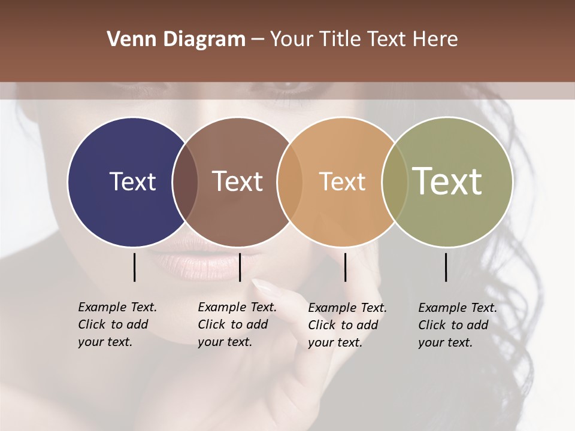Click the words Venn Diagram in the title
point(175,40)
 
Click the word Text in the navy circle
point(132,181)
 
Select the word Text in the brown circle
point(238,181)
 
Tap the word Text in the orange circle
point(342,182)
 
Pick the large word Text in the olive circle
point(447,181)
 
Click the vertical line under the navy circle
point(134,267)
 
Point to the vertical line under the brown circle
point(240,267)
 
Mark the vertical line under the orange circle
point(345,267)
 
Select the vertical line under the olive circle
point(446,267)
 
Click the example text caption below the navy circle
point(117,324)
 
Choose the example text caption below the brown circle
point(237,324)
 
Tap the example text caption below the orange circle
point(347,325)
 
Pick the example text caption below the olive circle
point(458,325)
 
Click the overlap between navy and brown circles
point(185,181)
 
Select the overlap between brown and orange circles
point(290,181)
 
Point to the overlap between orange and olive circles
point(395,181)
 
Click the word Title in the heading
point(340,40)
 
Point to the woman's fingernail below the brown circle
point(264,286)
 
